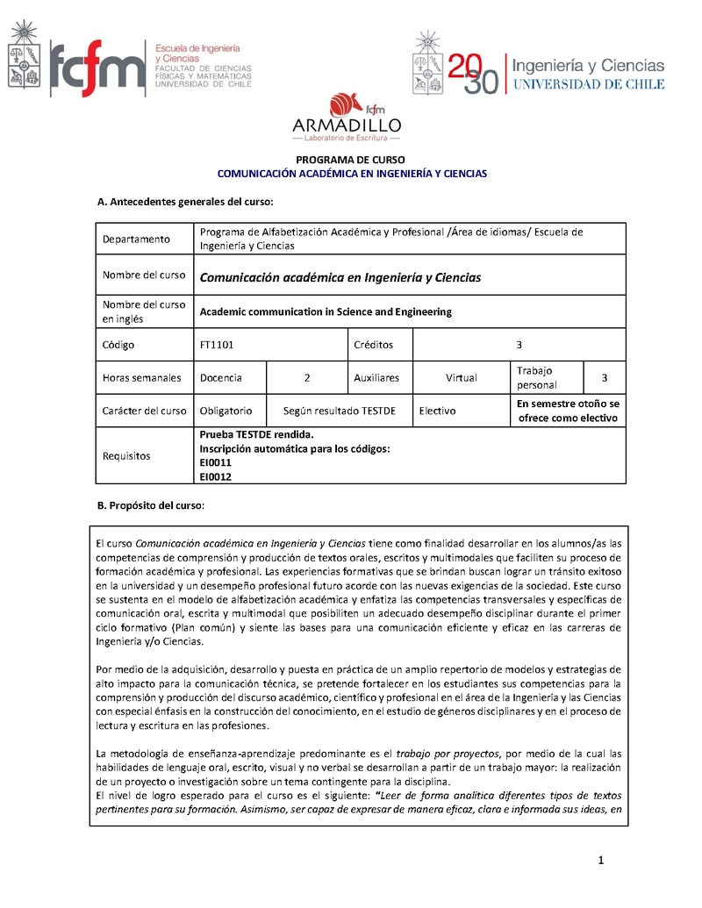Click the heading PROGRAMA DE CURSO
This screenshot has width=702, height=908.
click(350, 160)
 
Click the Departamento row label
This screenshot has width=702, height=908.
click(135, 239)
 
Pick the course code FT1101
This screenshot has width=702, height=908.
click(217, 345)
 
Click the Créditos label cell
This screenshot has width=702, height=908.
click(373, 345)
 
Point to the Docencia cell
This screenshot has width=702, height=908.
click(221, 378)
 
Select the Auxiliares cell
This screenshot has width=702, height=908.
click(376, 378)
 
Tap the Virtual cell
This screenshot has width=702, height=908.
click(461, 378)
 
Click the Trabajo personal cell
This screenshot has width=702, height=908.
click(536, 378)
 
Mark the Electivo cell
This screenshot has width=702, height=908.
click(437, 411)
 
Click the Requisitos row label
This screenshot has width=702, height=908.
click(126, 456)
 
